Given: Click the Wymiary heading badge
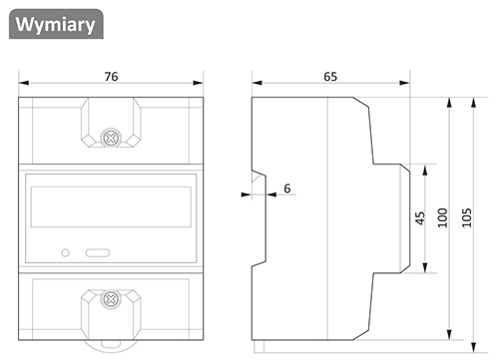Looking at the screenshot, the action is click(x=56, y=24).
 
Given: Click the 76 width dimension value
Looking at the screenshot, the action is click(x=111, y=77).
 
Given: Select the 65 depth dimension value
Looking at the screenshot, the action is click(x=330, y=77).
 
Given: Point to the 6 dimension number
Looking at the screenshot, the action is click(x=287, y=188).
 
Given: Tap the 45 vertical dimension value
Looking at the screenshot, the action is click(x=420, y=218).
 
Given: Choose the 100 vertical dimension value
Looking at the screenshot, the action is click(x=442, y=217).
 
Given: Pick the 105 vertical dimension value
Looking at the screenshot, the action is click(x=467, y=217).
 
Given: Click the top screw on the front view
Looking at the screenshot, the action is click(x=111, y=139).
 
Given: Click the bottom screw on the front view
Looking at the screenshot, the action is click(x=111, y=299).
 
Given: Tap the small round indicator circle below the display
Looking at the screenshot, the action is click(x=66, y=253).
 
